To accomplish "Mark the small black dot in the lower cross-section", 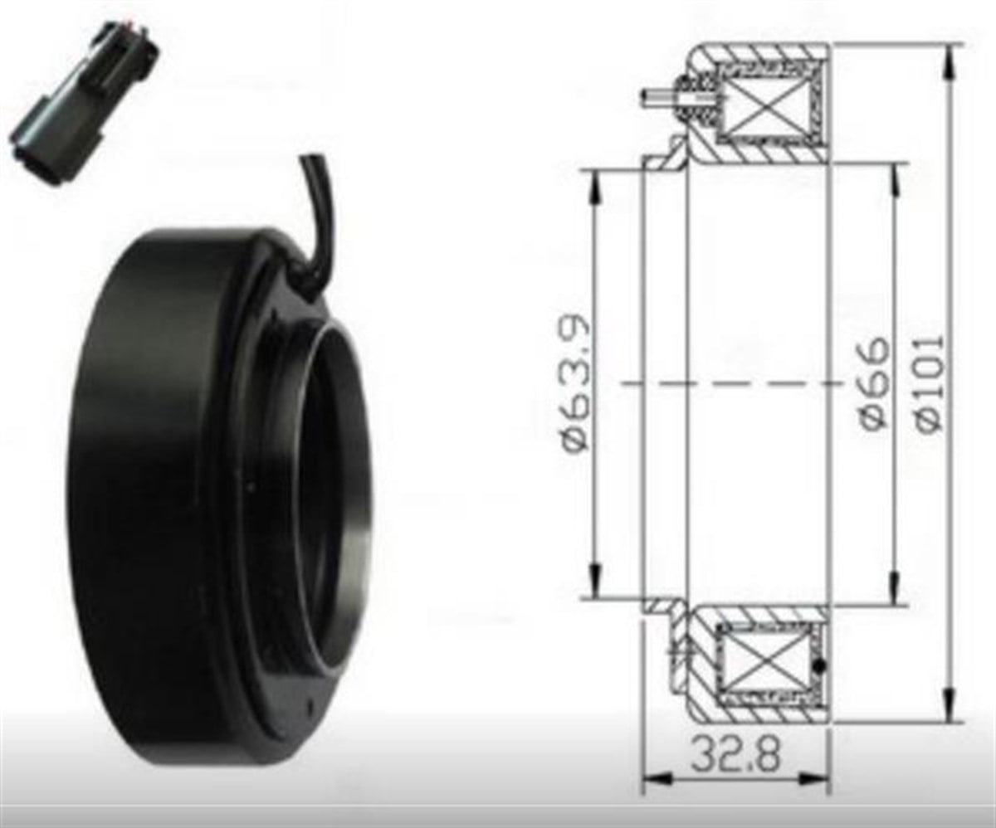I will pos(822,666).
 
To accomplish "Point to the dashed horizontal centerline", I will pos(730,383).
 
